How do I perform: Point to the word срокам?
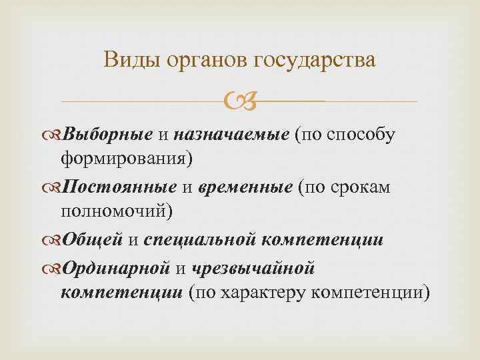tap(361, 187)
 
